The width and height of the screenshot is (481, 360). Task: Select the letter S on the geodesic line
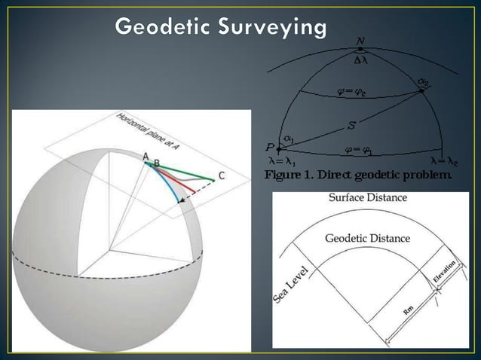[352, 124]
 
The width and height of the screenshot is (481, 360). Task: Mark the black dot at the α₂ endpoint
[421, 91]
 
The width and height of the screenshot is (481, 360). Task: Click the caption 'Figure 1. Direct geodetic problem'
[357, 175]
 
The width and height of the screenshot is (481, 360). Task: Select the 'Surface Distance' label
[368, 198]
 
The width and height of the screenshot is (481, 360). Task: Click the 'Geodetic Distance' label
[367, 239]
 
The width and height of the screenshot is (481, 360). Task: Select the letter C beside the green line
[221, 176]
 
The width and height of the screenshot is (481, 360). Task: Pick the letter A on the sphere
[146, 155]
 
